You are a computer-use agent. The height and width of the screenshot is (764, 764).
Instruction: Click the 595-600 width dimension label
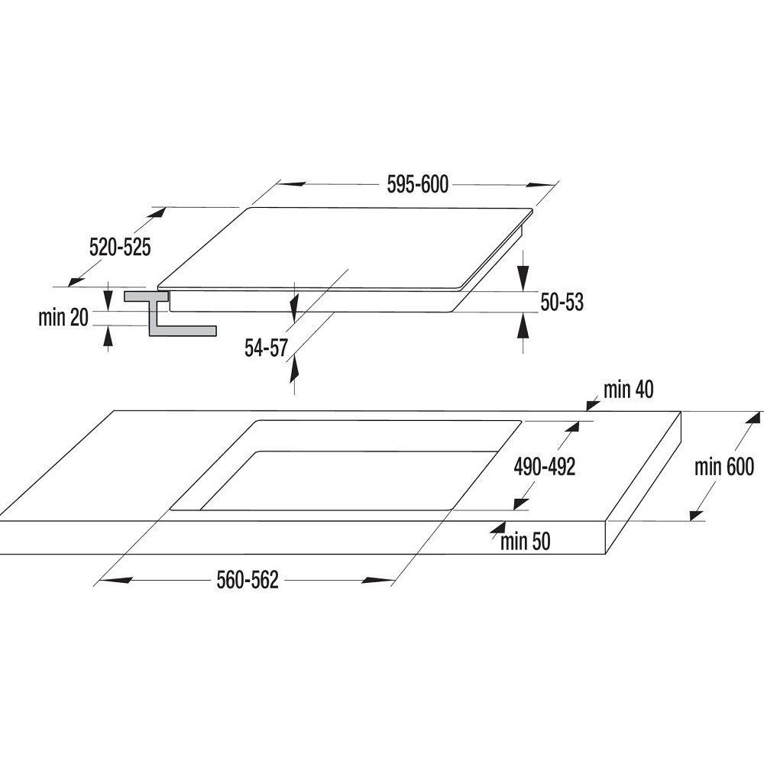pos(418,185)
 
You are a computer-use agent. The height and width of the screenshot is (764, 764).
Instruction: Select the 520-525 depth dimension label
pos(120,248)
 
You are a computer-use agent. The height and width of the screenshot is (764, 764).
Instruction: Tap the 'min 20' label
pos(63,318)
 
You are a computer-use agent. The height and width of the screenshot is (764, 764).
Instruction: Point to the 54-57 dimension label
pos(266,348)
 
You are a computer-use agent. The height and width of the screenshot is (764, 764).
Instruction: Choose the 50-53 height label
pos(562,303)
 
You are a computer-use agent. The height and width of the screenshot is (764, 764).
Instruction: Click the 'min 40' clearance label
pos(629,390)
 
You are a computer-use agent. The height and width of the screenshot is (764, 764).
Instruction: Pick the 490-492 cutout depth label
pos(544,467)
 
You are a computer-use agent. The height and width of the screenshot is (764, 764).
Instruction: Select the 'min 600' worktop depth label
pos(724,467)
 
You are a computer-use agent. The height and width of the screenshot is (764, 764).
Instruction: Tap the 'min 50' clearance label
pos(526,542)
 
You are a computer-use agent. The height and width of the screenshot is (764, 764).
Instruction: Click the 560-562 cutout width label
pos(248,581)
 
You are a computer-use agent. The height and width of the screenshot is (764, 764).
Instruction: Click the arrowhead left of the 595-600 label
pos(293,184)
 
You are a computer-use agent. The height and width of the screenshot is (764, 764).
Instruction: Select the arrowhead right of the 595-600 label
pos(540,186)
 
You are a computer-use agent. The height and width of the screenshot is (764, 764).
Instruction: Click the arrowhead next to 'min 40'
pos(593,404)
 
